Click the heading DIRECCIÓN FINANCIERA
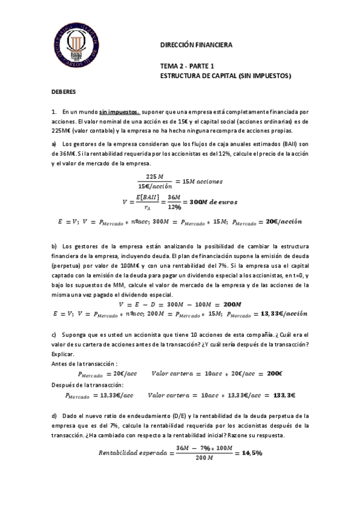(x=195, y=45)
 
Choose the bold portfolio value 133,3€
(x=279, y=395)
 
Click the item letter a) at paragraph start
(x=53, y=144)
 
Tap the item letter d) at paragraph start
(x=53, y=416)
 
